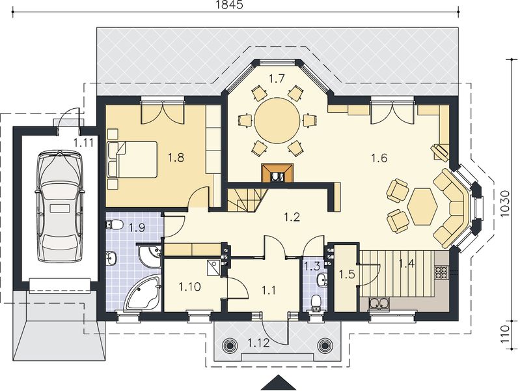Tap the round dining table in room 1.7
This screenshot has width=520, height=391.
277,121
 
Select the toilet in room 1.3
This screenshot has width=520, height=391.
316,302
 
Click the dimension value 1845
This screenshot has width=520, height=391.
229,5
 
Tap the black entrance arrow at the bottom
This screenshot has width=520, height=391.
279,383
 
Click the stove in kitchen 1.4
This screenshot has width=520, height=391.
442,272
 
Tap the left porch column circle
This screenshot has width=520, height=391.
232,345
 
